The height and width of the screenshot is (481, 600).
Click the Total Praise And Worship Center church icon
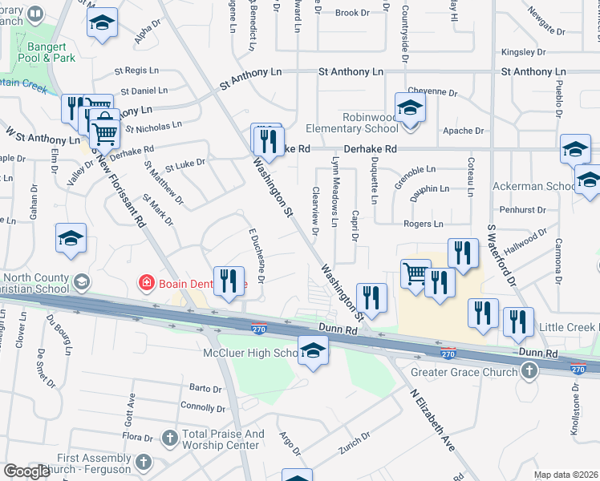[x=169, y=438]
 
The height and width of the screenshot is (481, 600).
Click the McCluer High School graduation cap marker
[x=313, y=350]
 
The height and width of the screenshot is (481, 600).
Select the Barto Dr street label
[x=205, y=389]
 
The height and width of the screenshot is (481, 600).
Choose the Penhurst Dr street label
[x=522, y=210]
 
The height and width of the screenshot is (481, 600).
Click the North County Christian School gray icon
[x=81, y=282]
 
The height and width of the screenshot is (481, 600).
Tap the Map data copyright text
[x=566, y=475]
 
